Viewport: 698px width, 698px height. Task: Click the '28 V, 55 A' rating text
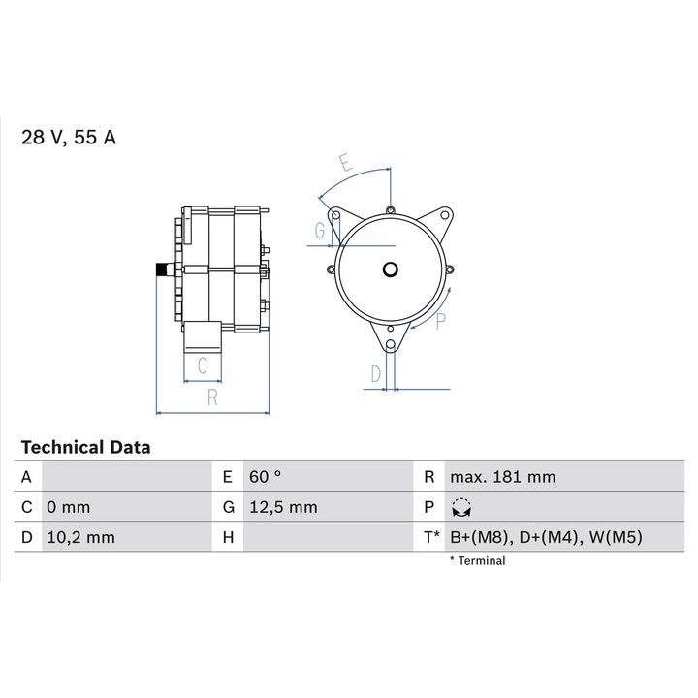pyautogui.click(x=69, y=138)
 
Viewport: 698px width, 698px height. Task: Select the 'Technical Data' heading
pyautogui.click(x=85, y=448)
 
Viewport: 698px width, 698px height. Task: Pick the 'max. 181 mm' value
pyautogui.click(x=501, y=477)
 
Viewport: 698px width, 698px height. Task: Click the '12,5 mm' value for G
pyautogui.click(x=282, y=507)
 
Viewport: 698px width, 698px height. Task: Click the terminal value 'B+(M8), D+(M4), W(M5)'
pyautogui.click(x=546, y=536)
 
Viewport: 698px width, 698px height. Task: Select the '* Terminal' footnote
pyautogui.click(x=477, y=560)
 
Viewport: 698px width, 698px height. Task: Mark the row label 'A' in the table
pyautogui.click(x=27, y=477)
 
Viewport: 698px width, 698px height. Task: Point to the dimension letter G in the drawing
pyautogui.click(x=319, y=230)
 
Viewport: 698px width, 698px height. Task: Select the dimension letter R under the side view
pyautogui.click(x=211, y=397)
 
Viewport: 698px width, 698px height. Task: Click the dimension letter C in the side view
pyautogui.click(x=203, y=365)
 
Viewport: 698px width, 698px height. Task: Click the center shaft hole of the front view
pyautogui.click(x=390, y=270)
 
